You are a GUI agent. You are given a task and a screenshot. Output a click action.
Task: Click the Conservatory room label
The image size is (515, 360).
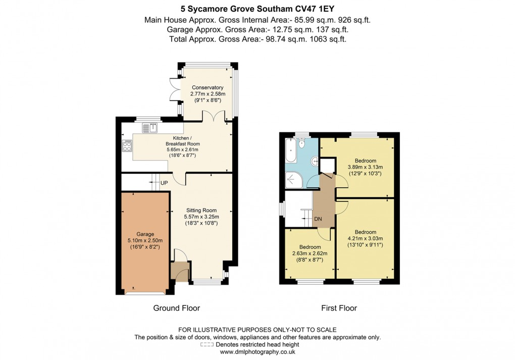(x=207, y=87)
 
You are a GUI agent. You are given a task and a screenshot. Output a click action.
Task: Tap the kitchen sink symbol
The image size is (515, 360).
(x=150, y=128)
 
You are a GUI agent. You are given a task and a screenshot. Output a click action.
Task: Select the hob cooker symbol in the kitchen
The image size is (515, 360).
(x=127, y=147)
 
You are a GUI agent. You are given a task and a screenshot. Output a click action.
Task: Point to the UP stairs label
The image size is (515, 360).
(x=164, y=182)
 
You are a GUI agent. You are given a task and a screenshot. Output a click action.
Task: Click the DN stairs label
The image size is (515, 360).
(x=318, y=219)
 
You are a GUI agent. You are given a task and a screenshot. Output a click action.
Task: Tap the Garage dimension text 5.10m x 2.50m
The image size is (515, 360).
(x=145, y=241)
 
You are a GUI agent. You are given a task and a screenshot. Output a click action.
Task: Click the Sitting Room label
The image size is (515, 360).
(x=201, y=210)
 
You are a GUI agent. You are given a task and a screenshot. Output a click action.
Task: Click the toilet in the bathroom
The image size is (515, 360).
(x=302, y=143)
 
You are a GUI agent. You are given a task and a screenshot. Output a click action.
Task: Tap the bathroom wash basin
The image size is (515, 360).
(x=315, y=162)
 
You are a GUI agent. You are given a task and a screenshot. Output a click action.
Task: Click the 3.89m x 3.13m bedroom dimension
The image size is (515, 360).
(x=365, y=167)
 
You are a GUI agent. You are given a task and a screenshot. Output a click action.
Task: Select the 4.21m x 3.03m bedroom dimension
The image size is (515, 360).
(x=365, y=239)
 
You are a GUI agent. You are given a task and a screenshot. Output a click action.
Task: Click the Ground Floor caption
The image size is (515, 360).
(x=176, y=308)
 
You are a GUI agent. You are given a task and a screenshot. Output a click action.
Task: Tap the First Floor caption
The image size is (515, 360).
(x=339, y=308)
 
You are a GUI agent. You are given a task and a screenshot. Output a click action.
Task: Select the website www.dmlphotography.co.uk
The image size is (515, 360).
(x=257, y=352)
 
